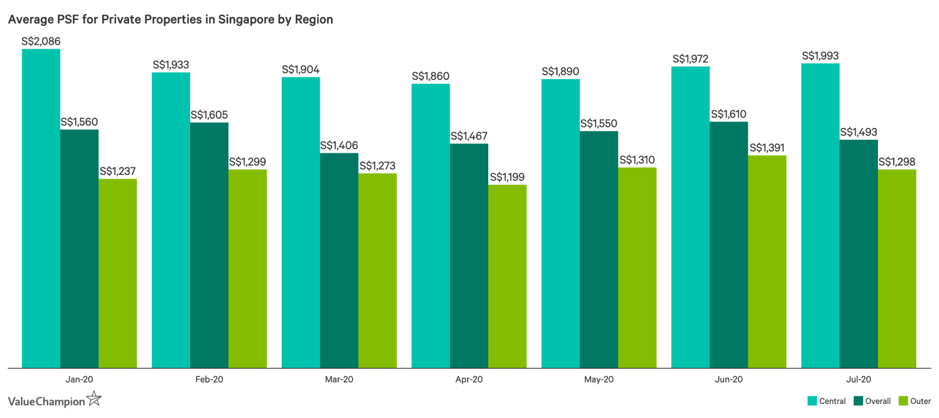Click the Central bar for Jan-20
pyautogui.click(x=41, y=208)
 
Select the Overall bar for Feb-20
pyautogui.click(x=209, y=245)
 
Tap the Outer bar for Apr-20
pyautogui.click(x=507, y=277)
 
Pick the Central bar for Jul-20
pyautogui.click(x=820, y=215)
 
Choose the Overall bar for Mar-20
pyautogui.click(x=339, y=261)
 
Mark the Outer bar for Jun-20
pyautogui.click(x=767, y=262)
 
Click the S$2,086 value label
pyautogui.click(x=41, y=42)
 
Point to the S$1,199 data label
pyautogui.click(x=507, y=177)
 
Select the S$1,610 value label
pyautogui.click(x=728, y=114)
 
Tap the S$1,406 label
pyautogui.click(x=339, y=146)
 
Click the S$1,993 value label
pyautogui.click(x=820, y=56)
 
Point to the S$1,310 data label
pyautogui.click(x=637, y=160)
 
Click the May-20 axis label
pyautogui.click(x=599, y=380)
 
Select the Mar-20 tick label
pyautogui.click(x=339, y=380)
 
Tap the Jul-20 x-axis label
pyautogui.click(x=859, y=380)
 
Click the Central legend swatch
pyautogui.click(x=812, y=401)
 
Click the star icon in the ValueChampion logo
pyautogui.click(x=94, y=399)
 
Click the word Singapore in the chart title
pyautogui.click(x=246, y=19)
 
